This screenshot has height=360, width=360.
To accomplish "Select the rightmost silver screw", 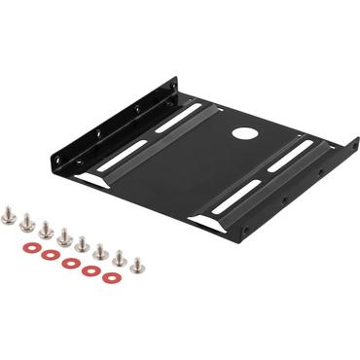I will tap(137, 263).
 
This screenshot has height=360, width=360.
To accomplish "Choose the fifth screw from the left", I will tap(83, 241).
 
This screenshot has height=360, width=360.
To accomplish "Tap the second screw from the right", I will tap(120, 257).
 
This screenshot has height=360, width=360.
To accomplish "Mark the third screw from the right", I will tap(101, 249).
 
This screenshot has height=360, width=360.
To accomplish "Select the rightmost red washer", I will tap(110, 277).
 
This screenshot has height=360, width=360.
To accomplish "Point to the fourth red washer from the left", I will tap(90, 270).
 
